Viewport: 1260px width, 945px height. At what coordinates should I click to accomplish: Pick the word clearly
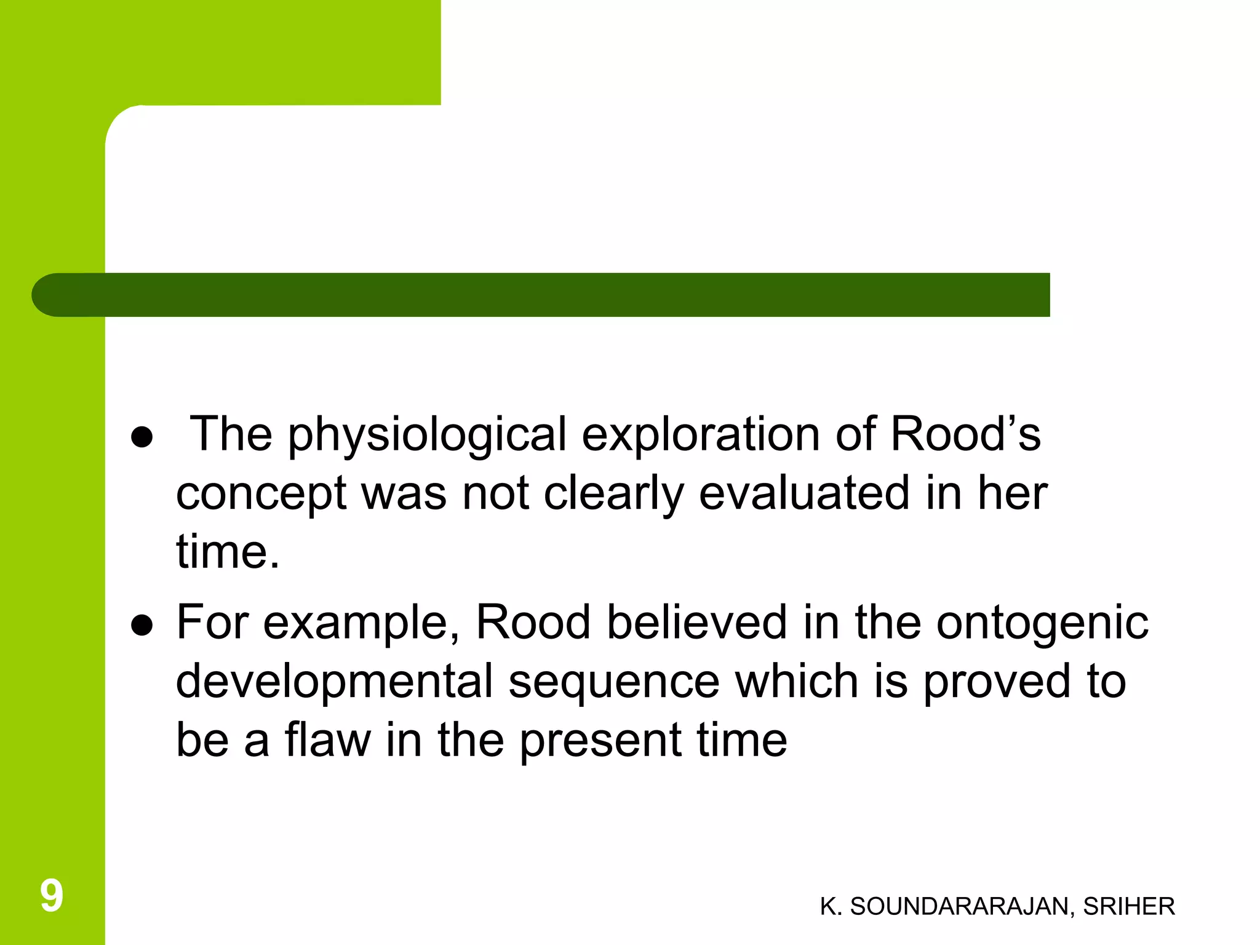[x=613, y=494]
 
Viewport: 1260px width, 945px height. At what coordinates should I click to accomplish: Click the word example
[x=361, y=623]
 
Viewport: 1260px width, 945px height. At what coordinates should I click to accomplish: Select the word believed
[x=697, y=622]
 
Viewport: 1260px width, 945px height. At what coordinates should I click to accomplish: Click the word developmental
[x=335, y=682]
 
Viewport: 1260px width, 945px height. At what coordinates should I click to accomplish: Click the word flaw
[x=327, y=740]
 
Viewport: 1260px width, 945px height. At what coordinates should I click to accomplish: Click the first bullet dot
[x=142, y=437]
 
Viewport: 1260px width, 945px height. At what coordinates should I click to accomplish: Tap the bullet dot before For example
[x=142, y=626]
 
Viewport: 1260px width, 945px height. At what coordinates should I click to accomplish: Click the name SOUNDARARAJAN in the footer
[x=962, y=906]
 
